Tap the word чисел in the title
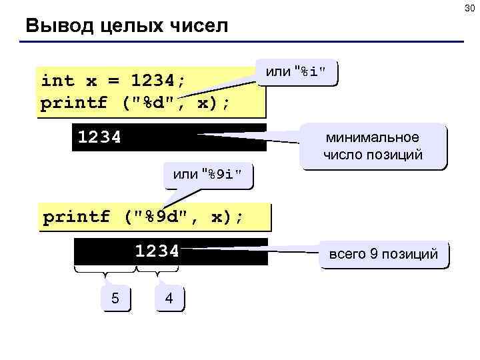[199, 27]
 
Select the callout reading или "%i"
[296, 72]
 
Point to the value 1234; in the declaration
[159, 81]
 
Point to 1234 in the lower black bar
[157, 251]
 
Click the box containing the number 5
[115, 298]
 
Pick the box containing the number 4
[169, 298]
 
